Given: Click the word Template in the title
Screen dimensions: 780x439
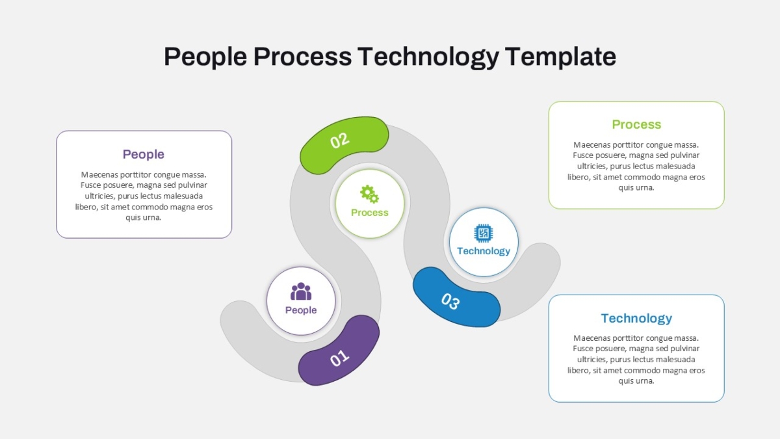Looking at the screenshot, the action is [560, 57].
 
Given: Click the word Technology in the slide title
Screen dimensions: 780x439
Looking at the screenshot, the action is [428, 57].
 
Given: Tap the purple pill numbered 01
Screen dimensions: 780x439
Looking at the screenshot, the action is [339, 351].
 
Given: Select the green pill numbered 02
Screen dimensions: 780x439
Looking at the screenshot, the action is [344, 145].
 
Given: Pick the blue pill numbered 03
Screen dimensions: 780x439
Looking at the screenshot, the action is [456, 297].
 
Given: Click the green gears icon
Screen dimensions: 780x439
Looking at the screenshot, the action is [369, 194].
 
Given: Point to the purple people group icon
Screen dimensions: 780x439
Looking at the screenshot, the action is [301, 291].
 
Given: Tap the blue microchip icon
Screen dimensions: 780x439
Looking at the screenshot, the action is [484, 233].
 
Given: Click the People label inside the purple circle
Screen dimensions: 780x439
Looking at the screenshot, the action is [301, 310].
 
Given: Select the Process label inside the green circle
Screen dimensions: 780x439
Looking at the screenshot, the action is [369, 213].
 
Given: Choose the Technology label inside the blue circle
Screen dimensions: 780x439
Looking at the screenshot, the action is [484, 251].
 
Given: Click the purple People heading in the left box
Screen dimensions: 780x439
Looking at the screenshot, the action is [144, 154].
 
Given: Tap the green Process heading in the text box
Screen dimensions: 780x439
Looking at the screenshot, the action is [636, 124].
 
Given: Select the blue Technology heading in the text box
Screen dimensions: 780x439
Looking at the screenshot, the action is [636, 319].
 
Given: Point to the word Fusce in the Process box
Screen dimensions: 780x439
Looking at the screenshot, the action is [582, 155].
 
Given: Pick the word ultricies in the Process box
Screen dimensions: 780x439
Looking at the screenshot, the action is [592, 166].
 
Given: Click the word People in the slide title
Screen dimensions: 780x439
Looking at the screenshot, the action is [205, 57].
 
